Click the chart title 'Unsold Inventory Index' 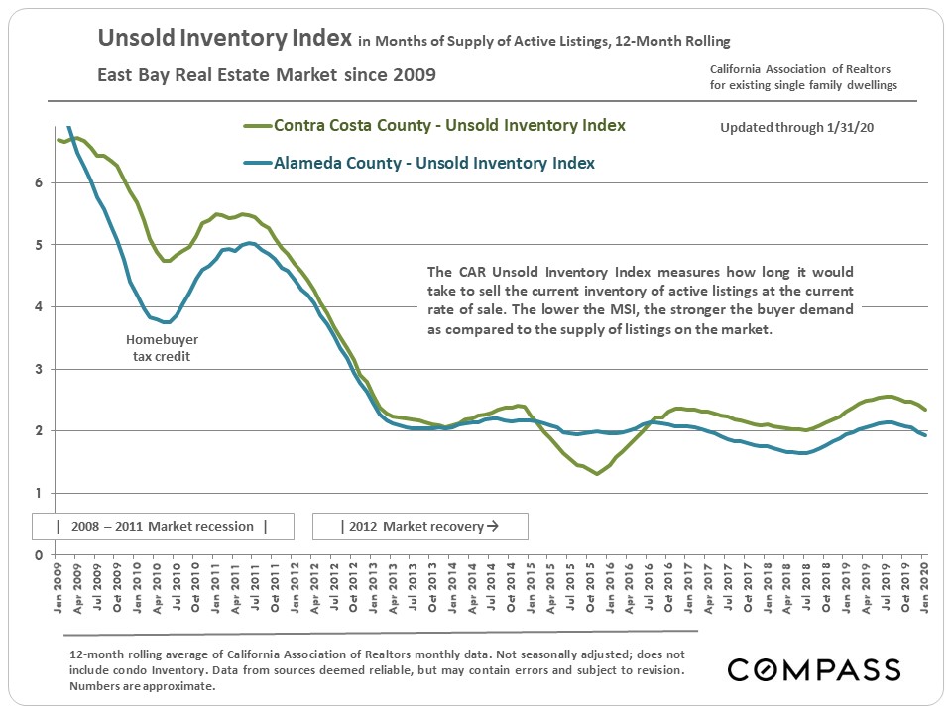225,40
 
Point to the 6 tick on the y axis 39,182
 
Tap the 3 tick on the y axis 39,369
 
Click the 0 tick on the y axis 39,555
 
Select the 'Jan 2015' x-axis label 530,585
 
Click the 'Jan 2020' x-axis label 924,585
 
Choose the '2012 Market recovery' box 419,526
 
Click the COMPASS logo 814,669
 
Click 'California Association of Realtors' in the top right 800,68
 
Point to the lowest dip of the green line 597,474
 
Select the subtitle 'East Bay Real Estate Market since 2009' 266,75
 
